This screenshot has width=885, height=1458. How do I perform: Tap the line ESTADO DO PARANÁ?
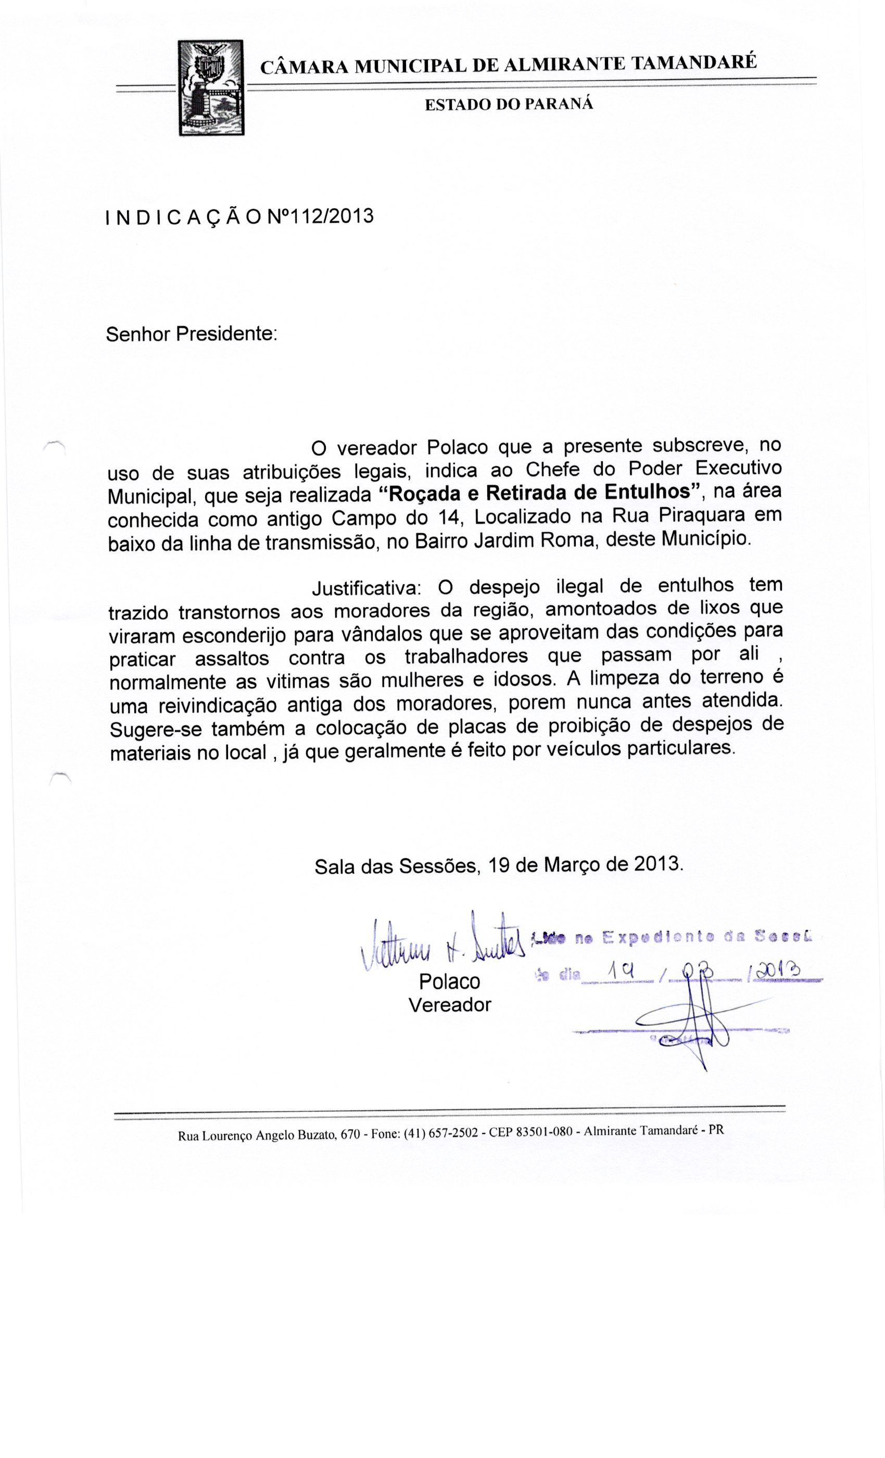point(508,105)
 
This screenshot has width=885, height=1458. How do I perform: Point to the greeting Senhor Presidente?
point(191,334)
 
